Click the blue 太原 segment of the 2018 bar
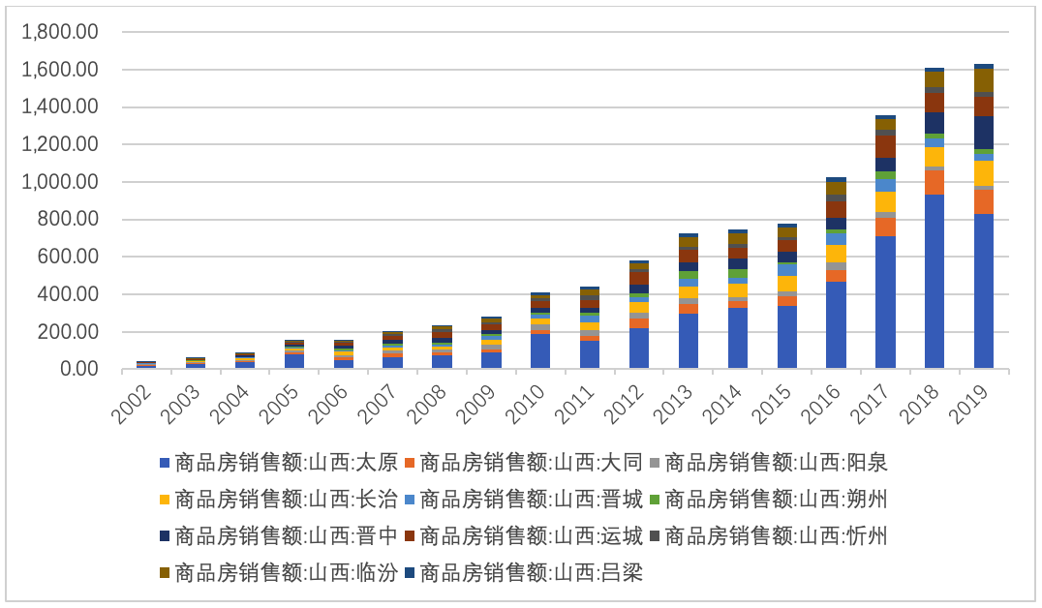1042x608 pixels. (x=935, y=281)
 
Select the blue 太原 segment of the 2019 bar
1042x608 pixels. (x=984, y=290)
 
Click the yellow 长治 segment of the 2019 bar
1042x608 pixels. (x=984, y=172)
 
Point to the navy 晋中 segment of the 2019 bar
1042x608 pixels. (x=984, y=133)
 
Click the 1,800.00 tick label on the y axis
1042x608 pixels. (x=60, y=32)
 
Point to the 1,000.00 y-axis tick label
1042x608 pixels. (x=60, y=182)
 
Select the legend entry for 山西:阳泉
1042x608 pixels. (x=774, y=463)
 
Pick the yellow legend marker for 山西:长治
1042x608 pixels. (x=165, y=500)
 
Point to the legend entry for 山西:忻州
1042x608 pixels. (x=774, y=536)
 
